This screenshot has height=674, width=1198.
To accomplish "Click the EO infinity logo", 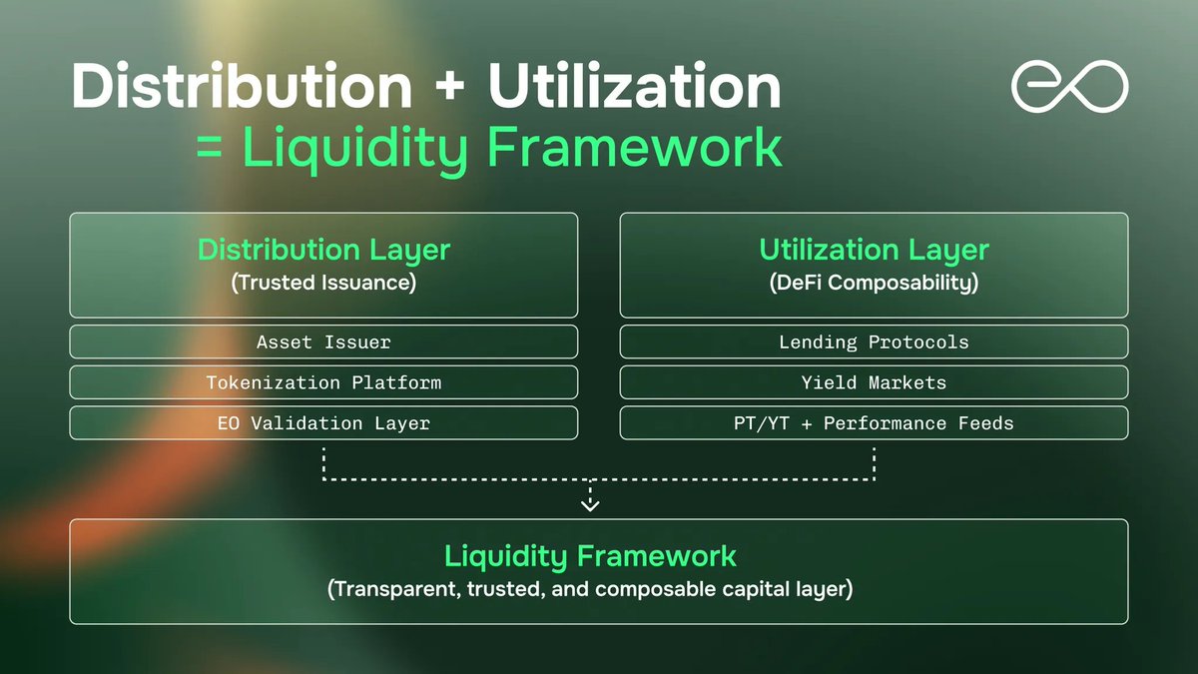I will [x=1069, y=87].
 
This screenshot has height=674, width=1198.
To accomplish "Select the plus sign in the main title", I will [x=449, y=89].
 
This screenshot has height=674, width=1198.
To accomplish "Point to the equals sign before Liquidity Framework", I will [x=211, y=149].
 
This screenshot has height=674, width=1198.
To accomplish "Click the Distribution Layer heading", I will [x=323, y=250].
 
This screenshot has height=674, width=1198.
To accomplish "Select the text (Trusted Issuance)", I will [x=323, y=283].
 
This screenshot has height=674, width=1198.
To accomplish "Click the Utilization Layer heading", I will [x=874, y=250].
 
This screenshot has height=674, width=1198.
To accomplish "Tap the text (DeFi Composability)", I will [x=874, y=283].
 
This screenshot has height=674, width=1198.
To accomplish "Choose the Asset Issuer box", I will [x=323, y=341].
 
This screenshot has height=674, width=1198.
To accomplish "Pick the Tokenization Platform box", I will [x=323, y=382].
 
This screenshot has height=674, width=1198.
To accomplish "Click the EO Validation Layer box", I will [x=323, y=423].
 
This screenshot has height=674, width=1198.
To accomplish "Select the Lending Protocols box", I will [x=874, y=341].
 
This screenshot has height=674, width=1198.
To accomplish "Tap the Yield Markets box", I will [x=874, y=382].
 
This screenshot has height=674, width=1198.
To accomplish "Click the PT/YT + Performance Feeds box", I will [x=874, y=423].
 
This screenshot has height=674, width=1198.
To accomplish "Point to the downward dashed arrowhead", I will [x=590, y=504].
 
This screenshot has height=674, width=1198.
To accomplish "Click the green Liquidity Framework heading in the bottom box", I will [x=590, y=556].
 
